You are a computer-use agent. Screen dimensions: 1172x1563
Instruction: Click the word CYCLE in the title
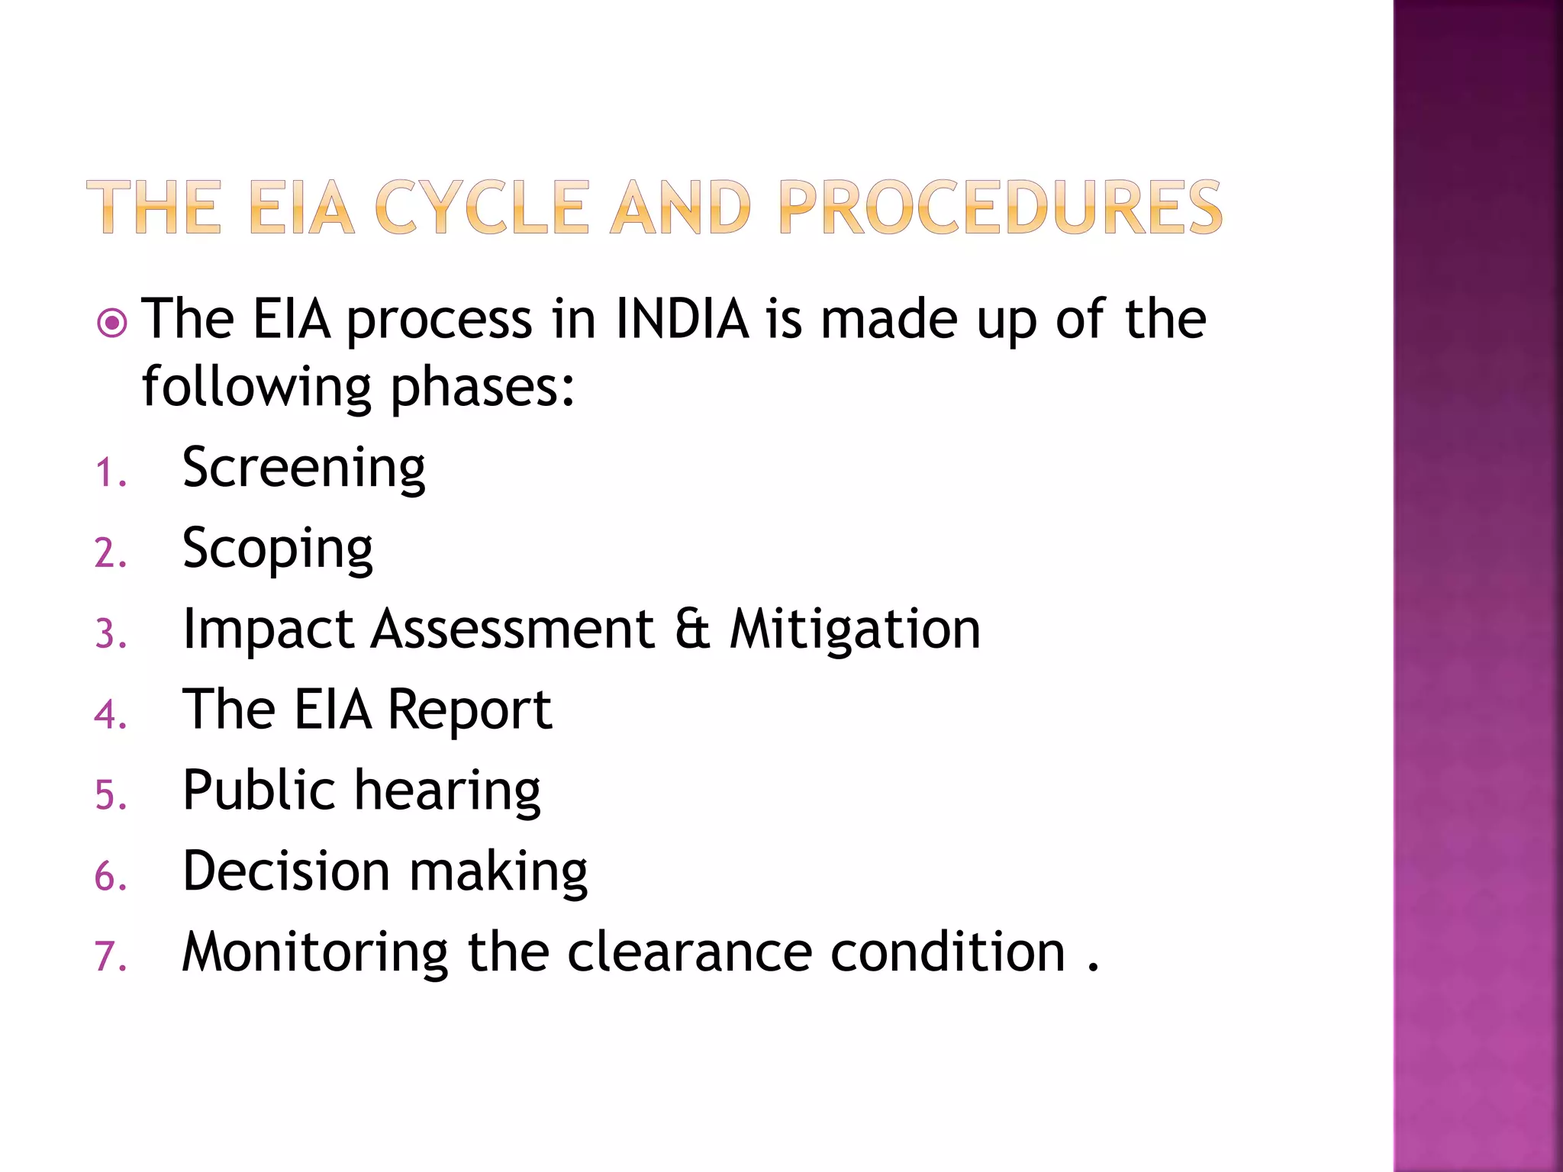482,208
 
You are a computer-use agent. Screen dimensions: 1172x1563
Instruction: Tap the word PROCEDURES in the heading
1000,208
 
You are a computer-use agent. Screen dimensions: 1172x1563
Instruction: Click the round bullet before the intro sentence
112,324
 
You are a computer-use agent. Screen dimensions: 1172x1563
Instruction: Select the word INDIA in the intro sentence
682,319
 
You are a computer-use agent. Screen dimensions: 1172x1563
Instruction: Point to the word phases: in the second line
482,388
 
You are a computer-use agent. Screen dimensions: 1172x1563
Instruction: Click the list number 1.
109,473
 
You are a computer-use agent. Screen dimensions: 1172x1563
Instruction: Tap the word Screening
304,468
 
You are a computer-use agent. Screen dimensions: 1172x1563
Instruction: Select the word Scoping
278,549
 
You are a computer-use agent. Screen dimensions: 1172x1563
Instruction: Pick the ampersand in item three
692,630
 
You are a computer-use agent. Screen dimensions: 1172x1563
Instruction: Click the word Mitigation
855,630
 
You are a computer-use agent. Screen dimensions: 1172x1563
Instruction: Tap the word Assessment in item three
513,630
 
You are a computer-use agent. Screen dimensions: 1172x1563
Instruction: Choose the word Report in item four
469,711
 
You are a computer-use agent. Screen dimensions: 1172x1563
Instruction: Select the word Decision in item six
287,871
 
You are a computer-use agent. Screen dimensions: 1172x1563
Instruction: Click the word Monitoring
315,954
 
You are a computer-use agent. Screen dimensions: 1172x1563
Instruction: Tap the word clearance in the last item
689,952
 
